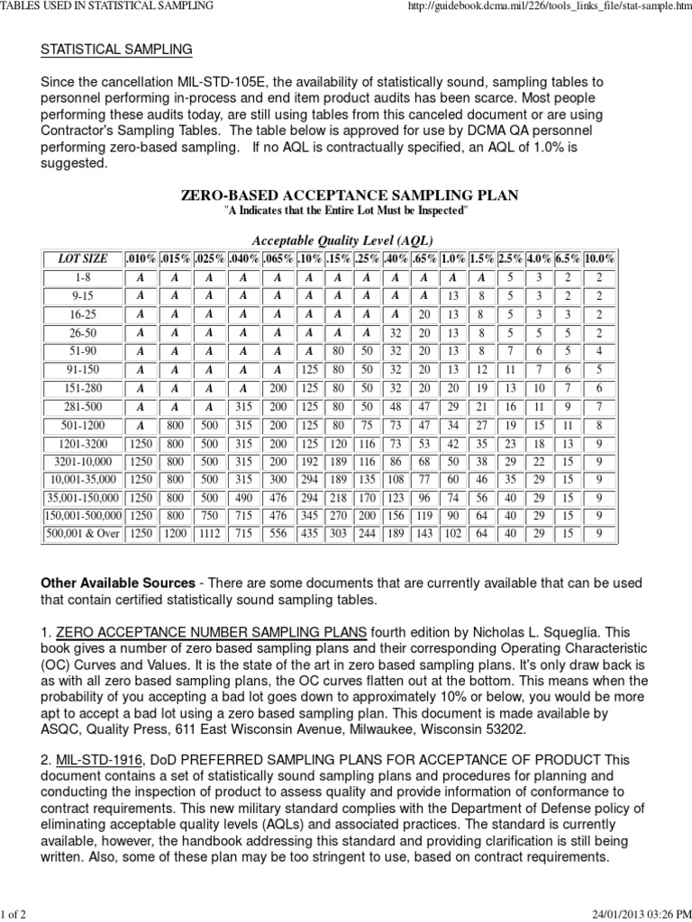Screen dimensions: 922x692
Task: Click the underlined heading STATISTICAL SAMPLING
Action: (x=116, y=49)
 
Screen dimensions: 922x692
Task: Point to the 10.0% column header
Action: (x=599, y=258)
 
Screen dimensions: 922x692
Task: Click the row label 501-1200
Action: (x=82, y=425)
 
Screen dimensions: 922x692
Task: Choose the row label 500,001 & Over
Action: (x=82, y=534)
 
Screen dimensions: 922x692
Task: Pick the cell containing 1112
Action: (x=209, y=534)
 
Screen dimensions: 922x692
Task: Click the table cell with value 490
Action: (x=243, y=498)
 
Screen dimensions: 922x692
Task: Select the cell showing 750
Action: (x=209, y=516)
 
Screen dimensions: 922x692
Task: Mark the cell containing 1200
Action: (x=175, y=534)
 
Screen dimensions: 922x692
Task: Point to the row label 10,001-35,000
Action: (x=82, y=480)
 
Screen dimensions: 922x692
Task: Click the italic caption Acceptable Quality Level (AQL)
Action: (x=341, y=240)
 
